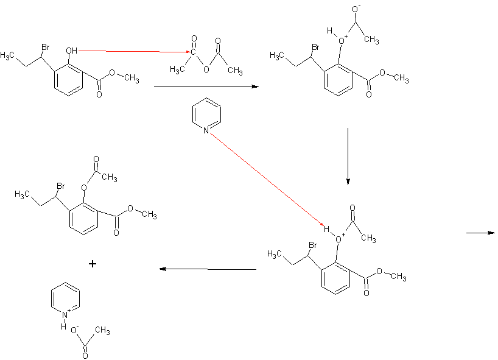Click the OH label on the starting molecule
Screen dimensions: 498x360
(x=72, y=51)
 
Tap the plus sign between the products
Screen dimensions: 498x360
(x=92, y=264)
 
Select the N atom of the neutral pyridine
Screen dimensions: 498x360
(x=206, y=130)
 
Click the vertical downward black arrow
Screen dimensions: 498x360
(x=347, y=155)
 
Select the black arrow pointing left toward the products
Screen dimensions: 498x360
(x=208, y=269)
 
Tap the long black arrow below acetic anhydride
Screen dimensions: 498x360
(x=206, y=87)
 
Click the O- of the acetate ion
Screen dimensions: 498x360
(x=74, y=329)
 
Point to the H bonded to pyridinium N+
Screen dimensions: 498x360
(x=63, y=326)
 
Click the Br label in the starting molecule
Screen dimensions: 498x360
(x=46, y=47)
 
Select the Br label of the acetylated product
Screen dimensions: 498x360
(x=61, y=185)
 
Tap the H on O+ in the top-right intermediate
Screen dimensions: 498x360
(x=329, y=30)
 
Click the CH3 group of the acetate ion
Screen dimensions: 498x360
(x=102, y=331)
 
